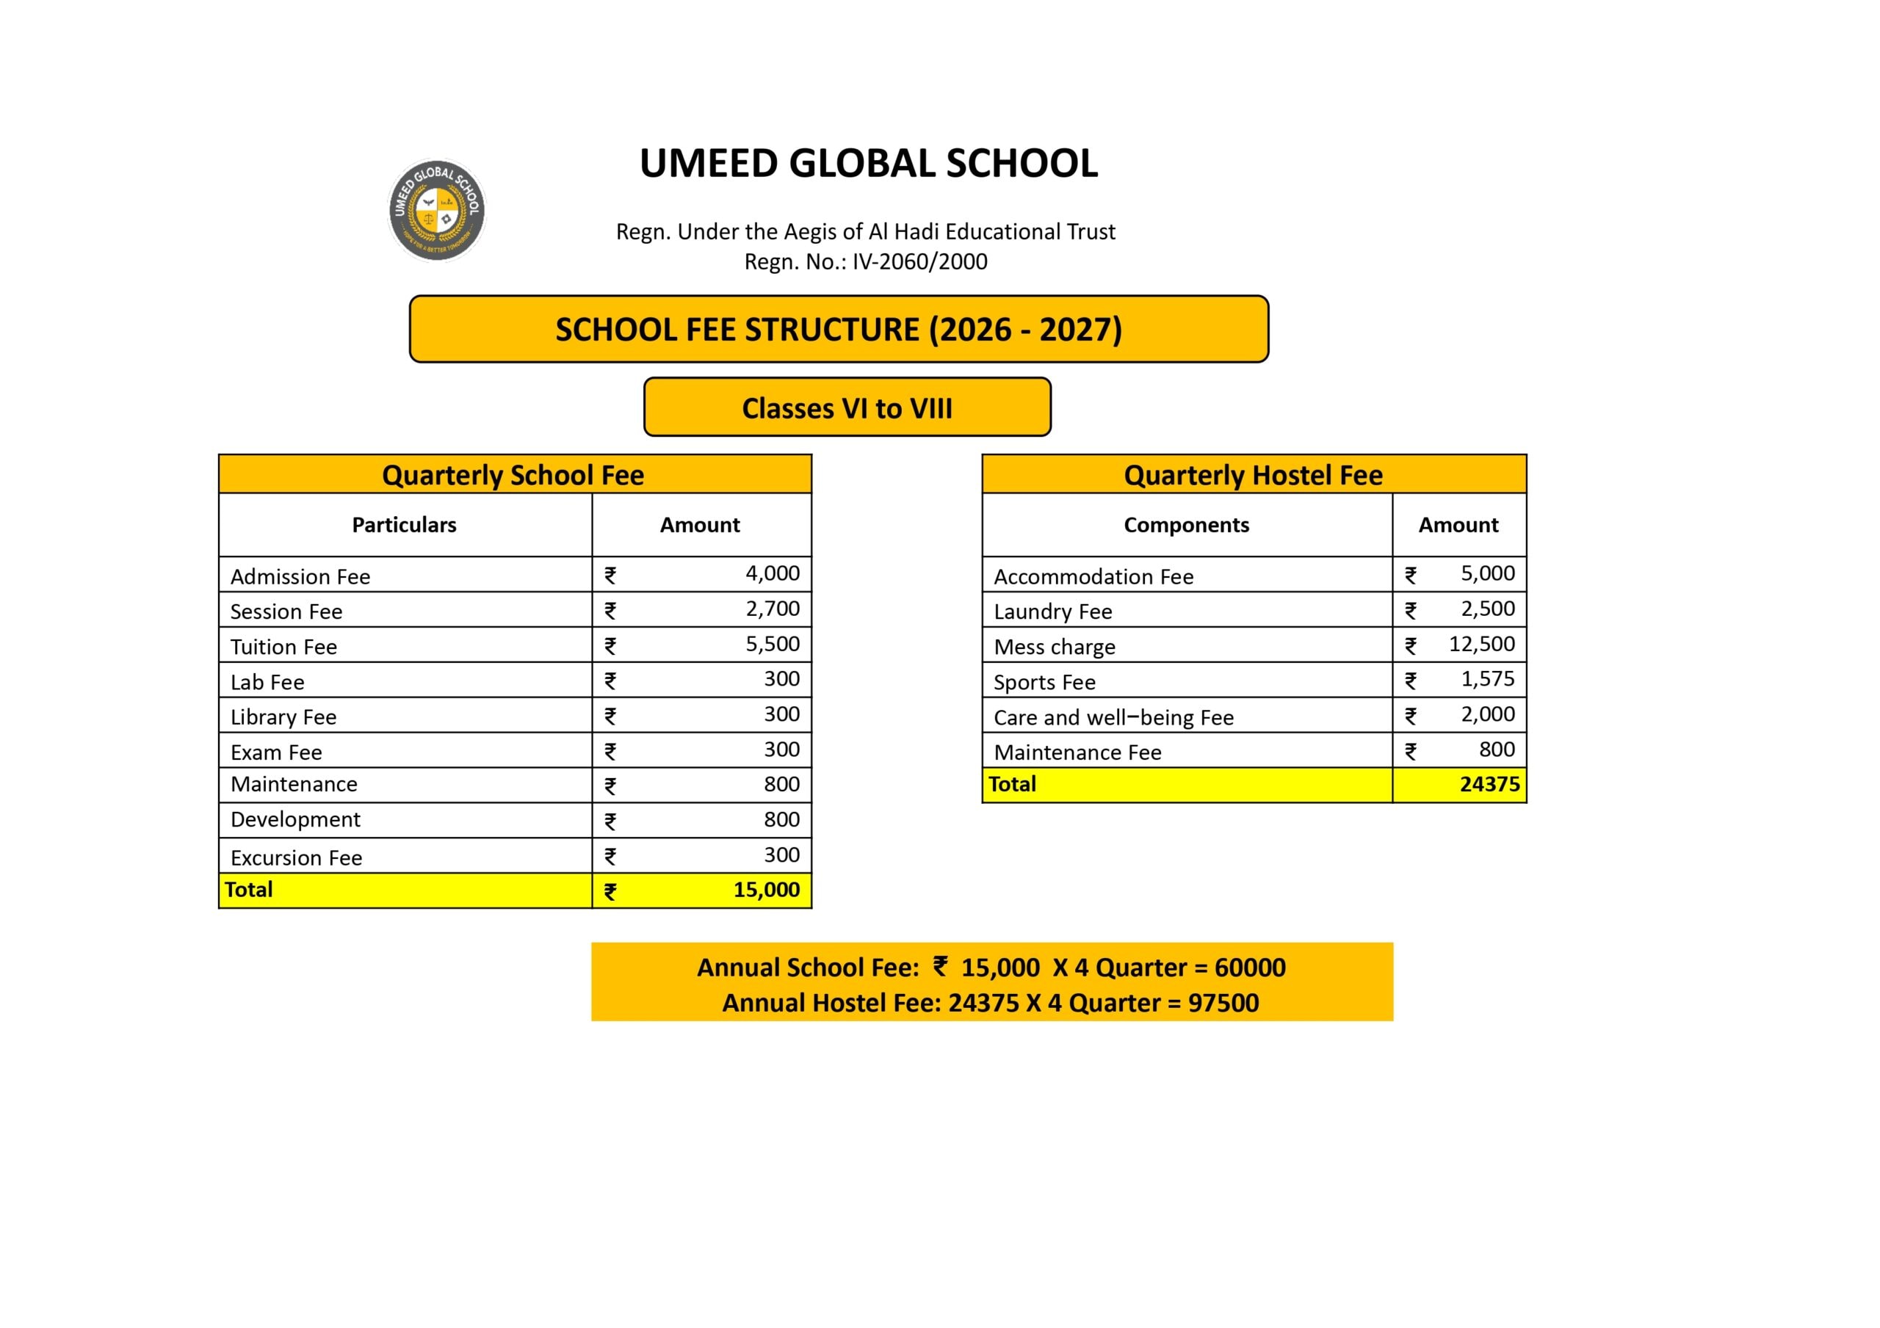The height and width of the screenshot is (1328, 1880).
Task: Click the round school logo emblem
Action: tap(436, 210)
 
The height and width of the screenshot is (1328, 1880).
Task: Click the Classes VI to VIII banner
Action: tap(847, 407)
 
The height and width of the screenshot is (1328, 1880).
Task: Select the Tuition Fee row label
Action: tap(283, 647)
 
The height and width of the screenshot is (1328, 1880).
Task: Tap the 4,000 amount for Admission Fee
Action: tap(771, 573)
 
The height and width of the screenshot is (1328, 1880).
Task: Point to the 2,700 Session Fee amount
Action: tap(771, 609)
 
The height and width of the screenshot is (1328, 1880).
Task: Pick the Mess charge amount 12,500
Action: tap(1480, 644)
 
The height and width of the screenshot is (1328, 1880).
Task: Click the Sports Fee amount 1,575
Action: tap(1487, 679)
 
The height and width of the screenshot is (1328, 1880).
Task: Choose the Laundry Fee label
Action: tap(1052, 612)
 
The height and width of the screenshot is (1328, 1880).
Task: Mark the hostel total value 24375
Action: tap(1489, 784)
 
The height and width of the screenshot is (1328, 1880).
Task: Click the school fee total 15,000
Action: tap(766, 890)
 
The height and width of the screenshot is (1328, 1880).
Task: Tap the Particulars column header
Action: tap(404, 525)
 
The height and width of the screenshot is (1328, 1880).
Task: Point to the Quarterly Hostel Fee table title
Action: tap(1252, 475)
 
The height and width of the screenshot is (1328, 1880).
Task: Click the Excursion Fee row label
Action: tap(296, 858)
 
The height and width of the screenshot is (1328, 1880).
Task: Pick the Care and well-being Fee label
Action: tap(1113, 718)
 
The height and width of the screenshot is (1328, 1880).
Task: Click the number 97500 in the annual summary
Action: tap(1223, 1003)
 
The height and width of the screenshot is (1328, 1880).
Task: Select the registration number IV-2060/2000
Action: tap(919, 262)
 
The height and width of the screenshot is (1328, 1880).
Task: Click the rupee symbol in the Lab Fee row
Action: tap(610, 681)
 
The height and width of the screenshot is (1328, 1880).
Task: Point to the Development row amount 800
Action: tap(781, 819)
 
